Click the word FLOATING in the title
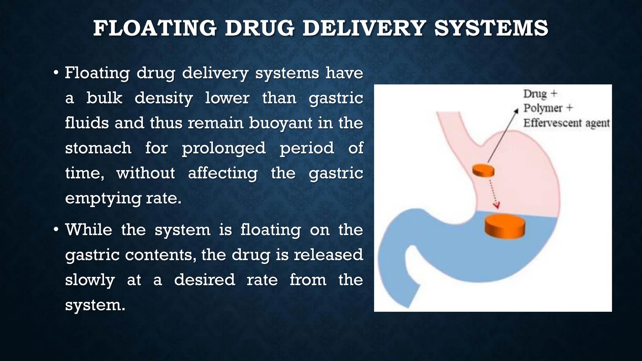tap(155, 28)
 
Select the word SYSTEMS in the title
tap(491, 28)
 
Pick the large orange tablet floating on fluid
tap(505, 226)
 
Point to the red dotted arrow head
tap(496, 206)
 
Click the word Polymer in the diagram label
tap(543, 108)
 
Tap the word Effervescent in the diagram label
tap(552, 123)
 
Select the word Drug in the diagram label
tap(535, 94)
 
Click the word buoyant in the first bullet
tap(281, 123)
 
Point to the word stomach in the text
tap(98, 148)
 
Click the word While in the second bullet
tap(88, 230)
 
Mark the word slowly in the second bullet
tap(90, 280)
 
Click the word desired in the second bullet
tap(204, 280)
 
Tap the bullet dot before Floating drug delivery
tap(56, 73)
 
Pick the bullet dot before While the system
tap(56, 230)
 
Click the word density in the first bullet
tap(164, 98)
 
